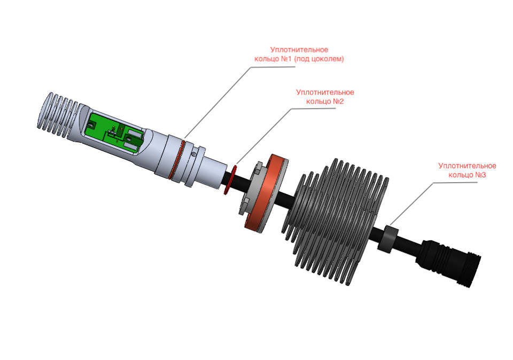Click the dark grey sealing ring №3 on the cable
pyautogui.click(x=388, y=239)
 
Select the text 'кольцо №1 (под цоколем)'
pyautogui.click(x=299, y=59)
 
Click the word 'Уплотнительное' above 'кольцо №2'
pyautogui.click(x=325, y=92)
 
